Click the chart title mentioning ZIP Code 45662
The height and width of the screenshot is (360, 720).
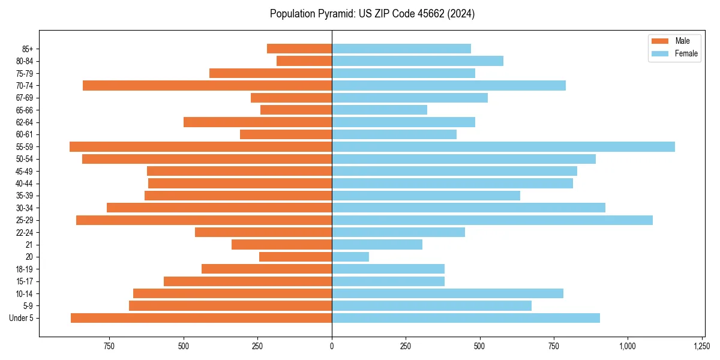[x=372, y=14]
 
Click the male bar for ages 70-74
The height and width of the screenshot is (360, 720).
[x=207, y=85]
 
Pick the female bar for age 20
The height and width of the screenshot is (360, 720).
[x=350, y=257]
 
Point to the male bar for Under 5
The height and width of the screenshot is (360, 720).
[x=201, y=318]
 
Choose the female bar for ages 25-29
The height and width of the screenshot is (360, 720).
[x=492, y=220]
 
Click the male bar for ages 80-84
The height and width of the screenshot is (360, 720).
[x=304, y=61]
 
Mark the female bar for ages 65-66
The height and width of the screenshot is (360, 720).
[x=379, y=110]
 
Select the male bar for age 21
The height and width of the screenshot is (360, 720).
[x=281, y=244]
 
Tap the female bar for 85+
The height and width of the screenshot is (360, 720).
[x=401, y=49]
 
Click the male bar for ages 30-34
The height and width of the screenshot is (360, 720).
[x=219, y=208]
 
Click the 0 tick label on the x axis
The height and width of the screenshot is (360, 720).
[x=332, y=346]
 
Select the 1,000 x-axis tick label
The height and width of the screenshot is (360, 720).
[x=628, y=346]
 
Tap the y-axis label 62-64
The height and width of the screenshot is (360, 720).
[x=25, y=122]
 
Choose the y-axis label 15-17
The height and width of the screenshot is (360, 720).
[x=25, y=281]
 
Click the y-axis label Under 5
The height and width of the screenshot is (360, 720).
[x=22, y=318]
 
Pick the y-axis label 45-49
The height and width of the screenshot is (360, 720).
[x=25, y=171]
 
